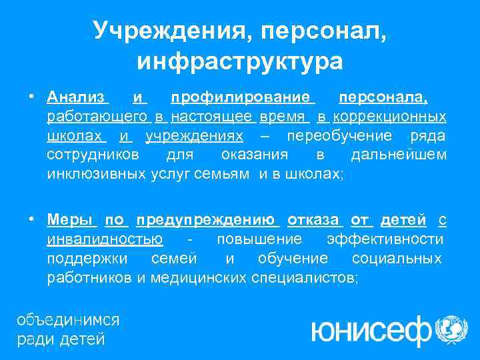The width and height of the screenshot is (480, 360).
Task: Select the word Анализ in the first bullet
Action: (77, 97)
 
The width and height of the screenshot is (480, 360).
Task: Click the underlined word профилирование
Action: (242, 97)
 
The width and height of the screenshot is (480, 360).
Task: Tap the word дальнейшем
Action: (398, 155)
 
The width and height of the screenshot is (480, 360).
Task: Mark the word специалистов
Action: (304, 277)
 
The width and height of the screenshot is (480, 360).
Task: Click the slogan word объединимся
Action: (68, 320)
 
